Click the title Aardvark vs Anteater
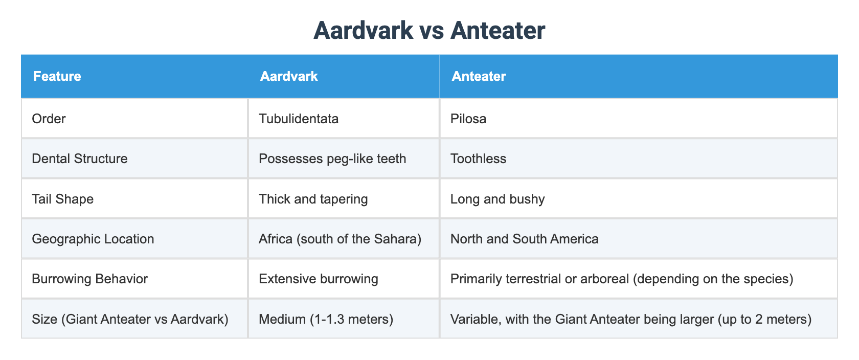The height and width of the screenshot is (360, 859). tap(429, 31)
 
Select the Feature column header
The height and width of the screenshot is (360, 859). tap(57, 76)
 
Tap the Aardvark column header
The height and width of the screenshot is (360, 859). tap(289, 76)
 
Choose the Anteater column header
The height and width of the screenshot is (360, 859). tap(479, 76)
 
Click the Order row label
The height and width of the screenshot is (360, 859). tap(49, 119)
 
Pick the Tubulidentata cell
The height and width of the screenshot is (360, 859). tap(299, 119)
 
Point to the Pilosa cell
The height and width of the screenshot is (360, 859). tap(468, 119)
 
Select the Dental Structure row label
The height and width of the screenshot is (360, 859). tap(79, 159)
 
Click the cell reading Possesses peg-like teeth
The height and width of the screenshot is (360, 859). tap(332, 159)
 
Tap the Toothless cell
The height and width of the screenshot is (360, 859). tap(478, 159)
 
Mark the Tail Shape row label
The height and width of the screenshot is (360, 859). tap(62, 199)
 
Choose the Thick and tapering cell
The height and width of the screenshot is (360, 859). tap(313, 199)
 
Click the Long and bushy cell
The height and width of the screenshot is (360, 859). tap(498, 199)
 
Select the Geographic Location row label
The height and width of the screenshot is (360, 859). tap(93, 239)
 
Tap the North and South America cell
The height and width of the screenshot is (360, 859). tap(524, 239)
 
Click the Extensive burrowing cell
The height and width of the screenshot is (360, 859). tap(318, 279)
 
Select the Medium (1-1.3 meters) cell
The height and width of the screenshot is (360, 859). tap(326, 319)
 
